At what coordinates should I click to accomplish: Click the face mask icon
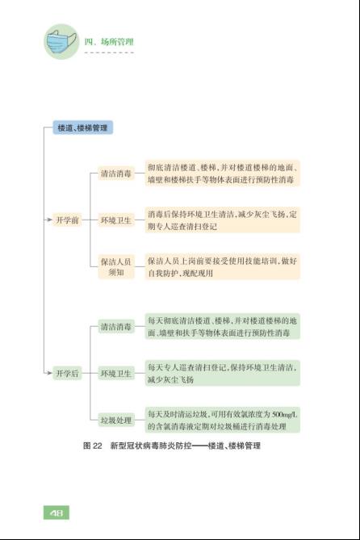(61, 41)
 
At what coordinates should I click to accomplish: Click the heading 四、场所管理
(109, 42)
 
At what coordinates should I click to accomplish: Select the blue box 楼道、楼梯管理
(82, 128)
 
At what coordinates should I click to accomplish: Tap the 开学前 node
(67, 220)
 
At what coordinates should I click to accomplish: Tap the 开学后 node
(67, 373)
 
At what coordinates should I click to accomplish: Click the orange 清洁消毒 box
(115, 174)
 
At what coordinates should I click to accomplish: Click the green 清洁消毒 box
(115, 326)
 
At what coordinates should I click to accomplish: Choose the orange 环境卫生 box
(115, 220)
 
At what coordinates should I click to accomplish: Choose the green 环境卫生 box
(115, 373)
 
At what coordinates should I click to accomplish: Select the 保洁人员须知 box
(115, 267)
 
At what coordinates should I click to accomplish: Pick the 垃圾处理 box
(115, 421)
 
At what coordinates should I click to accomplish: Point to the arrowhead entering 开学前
(50, 220)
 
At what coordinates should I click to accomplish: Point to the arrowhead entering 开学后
(50, 373)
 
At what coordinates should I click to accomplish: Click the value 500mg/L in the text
(284, 414)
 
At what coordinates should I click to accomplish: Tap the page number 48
(57, 513)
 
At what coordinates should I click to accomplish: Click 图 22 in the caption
(93, 446)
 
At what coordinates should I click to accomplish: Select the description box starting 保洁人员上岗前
(222, 267)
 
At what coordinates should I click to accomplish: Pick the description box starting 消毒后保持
(222, 220)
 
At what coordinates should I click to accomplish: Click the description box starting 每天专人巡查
(222, 373)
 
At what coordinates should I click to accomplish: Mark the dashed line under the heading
(109, 52)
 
